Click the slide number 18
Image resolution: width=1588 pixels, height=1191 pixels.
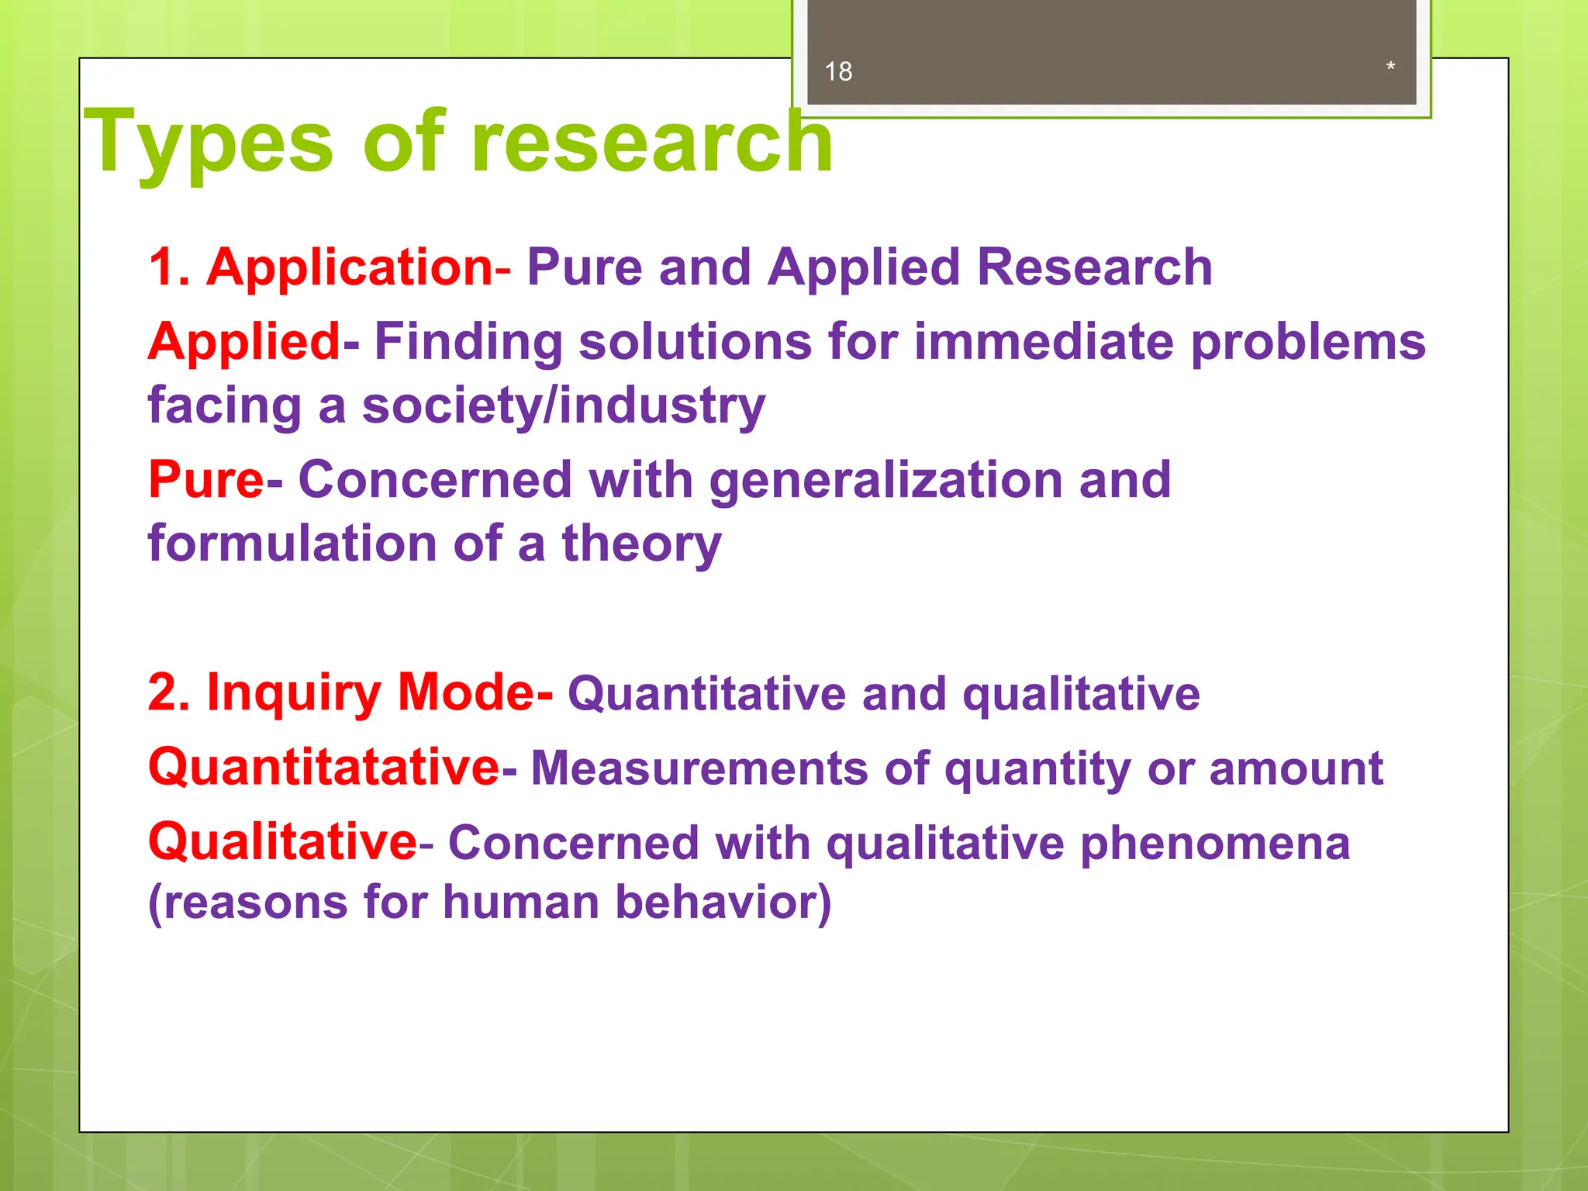click(x=838, y=71)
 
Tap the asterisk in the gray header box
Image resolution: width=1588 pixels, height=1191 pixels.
click(x=1390, y=67)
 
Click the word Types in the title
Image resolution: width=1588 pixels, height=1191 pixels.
click(x=209, y=143)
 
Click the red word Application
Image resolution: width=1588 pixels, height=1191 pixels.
click(x=349, y=267)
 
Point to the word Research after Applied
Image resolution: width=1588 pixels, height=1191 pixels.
click(x=1094, y=267)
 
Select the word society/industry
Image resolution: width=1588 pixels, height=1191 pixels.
click(x=564, y=406)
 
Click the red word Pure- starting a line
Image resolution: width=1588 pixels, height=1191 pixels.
click(x=215, y=479)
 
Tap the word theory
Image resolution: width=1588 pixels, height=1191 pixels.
click(x=641, y=543)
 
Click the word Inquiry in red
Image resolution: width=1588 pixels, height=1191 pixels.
click(x=293, y=692)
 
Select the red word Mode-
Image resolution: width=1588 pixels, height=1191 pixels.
click(x=475, y=692)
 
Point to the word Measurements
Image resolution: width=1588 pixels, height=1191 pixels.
click(x=699, y=768)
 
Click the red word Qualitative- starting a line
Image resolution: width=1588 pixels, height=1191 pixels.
click(x=288, y=842)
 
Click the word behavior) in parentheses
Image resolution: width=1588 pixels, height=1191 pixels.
click(x=723, y=903)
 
